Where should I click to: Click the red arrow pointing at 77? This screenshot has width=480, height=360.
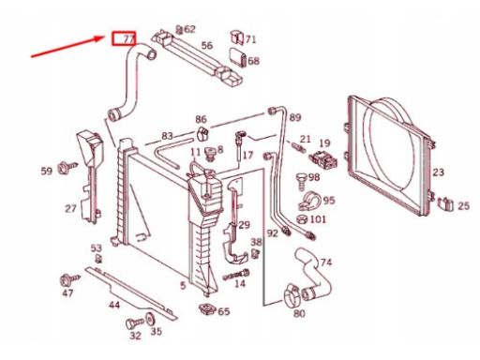67,47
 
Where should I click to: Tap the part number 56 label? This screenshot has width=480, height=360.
206,46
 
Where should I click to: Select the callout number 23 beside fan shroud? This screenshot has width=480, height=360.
438,172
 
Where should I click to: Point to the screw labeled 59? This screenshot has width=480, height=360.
67,168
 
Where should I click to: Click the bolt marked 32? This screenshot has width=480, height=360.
135,323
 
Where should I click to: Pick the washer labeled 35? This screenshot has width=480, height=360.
151,320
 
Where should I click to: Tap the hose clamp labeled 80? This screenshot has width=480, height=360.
292,294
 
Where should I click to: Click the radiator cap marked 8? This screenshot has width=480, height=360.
210,154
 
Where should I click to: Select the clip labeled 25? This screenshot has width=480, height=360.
445,204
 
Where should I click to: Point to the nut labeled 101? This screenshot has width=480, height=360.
301,219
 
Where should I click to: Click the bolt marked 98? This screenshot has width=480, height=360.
301,181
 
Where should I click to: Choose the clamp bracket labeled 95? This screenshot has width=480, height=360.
308,202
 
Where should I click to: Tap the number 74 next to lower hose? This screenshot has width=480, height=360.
325,262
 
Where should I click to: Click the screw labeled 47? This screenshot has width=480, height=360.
69,279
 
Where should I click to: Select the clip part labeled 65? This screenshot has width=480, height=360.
207,309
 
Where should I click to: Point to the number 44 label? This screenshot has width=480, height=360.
114,305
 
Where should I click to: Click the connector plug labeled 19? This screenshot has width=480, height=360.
323,158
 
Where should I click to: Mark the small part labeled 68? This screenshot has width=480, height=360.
238,57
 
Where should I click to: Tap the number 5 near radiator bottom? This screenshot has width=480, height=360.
183,285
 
